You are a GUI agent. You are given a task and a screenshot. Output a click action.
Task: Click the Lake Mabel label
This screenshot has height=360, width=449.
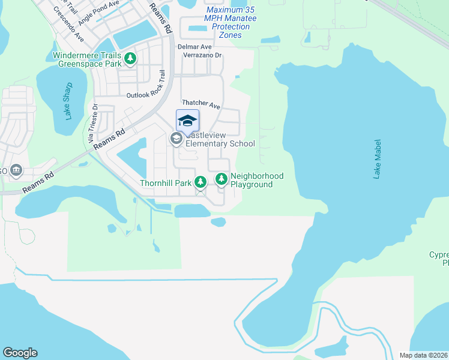click(377, 159)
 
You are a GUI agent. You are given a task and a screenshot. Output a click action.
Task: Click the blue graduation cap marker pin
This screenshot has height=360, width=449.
click(187, 121)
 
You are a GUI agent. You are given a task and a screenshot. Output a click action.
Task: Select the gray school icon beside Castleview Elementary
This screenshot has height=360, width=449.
click(176, 139)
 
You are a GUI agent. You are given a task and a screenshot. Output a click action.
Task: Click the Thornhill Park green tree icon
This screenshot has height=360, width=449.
click(201, 181)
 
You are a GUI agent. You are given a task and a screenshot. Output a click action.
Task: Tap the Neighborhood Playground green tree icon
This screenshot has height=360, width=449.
click(221, 178)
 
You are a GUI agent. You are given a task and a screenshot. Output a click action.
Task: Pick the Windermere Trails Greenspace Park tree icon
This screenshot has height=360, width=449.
click(130, 59)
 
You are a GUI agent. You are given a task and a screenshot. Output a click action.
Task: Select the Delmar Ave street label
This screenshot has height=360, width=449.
click(194, 47)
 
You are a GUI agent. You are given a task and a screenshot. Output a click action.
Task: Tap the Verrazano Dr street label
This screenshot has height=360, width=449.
click(198, 56)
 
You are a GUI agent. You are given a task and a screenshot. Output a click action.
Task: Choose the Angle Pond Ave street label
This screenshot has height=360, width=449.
click(99, 10)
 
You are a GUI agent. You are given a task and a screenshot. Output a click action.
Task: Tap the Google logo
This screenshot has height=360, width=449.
click(20, 353)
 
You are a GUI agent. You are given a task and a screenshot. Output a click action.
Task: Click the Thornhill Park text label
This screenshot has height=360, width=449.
click(165, 182)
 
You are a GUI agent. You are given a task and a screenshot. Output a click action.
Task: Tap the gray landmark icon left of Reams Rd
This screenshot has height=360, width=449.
click(16, 171)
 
